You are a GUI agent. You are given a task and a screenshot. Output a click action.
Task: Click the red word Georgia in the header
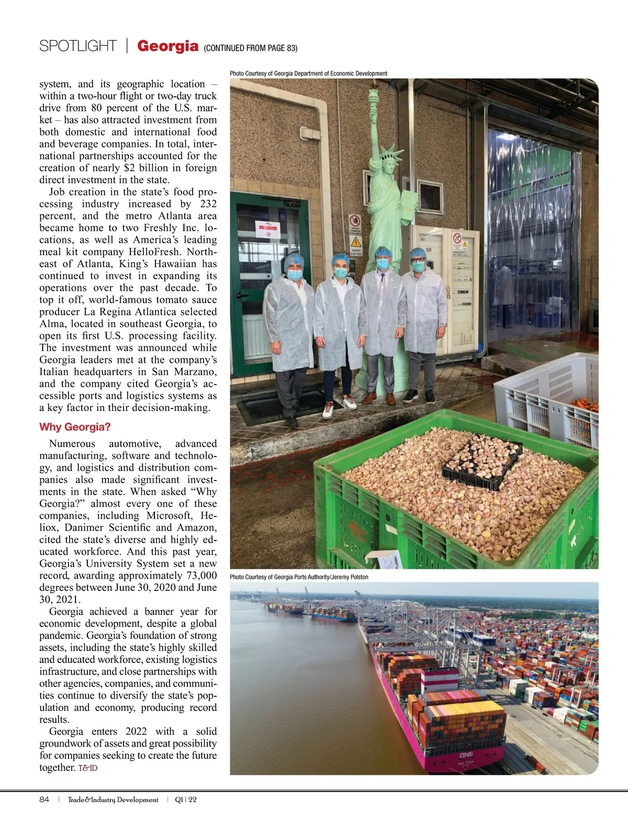pos(167,46)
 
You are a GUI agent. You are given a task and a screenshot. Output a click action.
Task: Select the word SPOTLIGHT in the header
pos(77,46)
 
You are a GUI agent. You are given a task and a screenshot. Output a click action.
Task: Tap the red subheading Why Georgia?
pos(75,427)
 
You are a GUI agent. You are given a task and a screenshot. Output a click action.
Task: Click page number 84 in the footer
pos(44,799)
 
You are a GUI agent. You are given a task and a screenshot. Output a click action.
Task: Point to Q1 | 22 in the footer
pos(186,799)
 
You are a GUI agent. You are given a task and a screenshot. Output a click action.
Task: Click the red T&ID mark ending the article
pos(88,768)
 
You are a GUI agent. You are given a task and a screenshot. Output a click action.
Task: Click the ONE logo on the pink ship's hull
pos(466,755)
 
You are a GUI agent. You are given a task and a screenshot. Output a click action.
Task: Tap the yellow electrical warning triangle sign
pos(356,242)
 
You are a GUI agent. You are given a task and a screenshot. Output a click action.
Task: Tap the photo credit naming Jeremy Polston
pos(299,577)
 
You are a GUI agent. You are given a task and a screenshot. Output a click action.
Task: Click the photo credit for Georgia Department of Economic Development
pos(308,74)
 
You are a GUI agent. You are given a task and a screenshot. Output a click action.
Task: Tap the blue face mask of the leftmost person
pos(295,274)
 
